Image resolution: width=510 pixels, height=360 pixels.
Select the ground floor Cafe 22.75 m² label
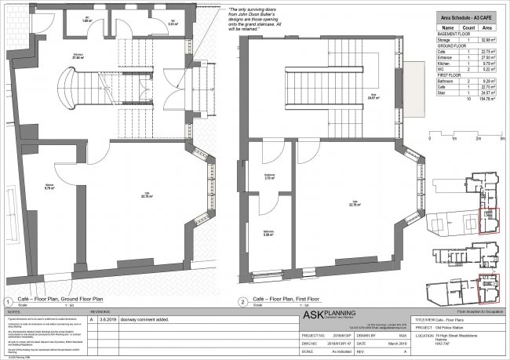click(x=146, y=196)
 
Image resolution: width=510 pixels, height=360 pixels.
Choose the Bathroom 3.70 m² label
click(x=268, y=177)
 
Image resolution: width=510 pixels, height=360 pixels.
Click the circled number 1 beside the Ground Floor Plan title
click(x=8, y=300)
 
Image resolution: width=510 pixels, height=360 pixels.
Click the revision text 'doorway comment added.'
click(x=137, y=320)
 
